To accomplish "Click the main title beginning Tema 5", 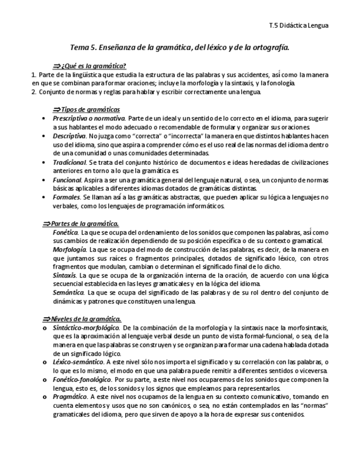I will point(180,48).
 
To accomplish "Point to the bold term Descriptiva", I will point(69,135).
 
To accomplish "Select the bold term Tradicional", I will point(69,162).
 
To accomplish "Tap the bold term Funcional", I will point(67,180).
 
